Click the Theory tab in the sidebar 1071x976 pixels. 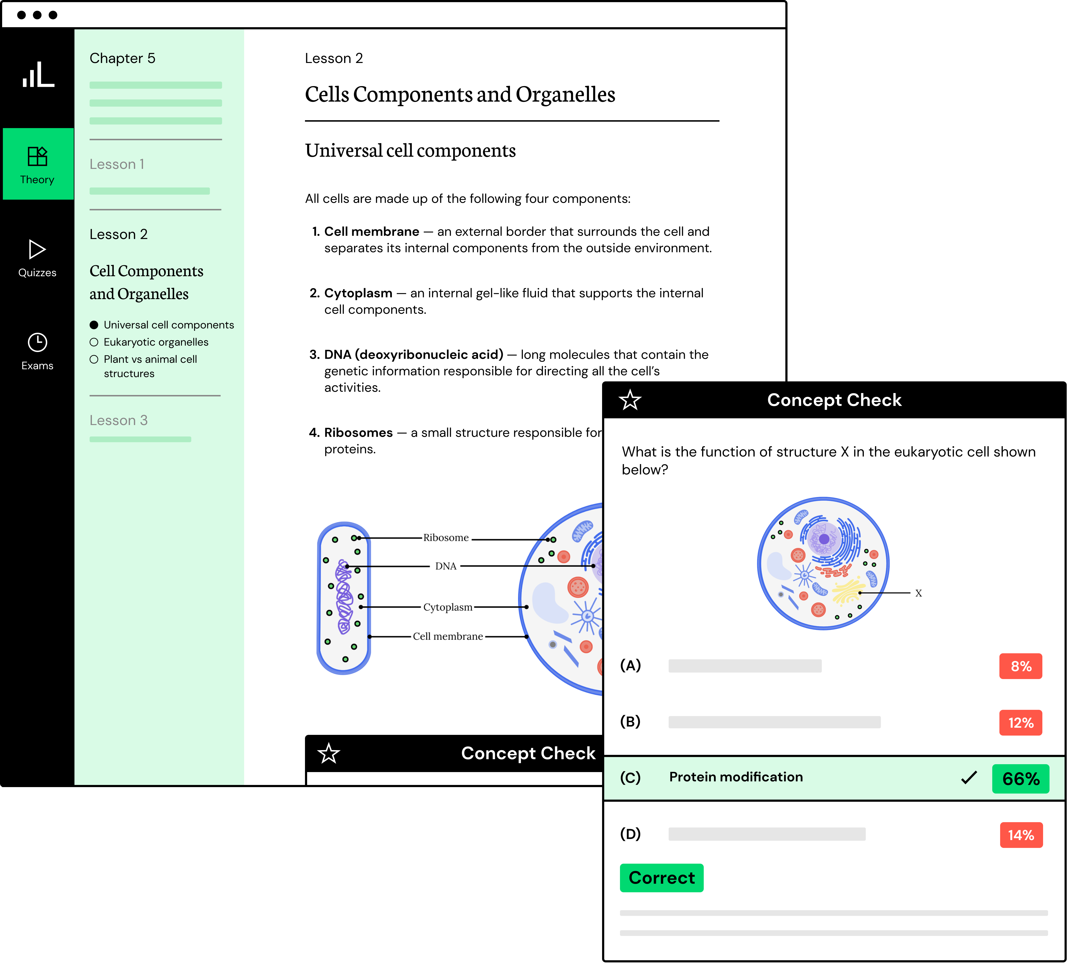click(x=37, y=165)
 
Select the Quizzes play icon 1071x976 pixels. click(x=37, y=249)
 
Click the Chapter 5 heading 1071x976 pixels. click(x=122, y=58)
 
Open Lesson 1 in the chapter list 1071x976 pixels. click(x=117, y=165)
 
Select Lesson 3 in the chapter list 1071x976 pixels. click(x=118, y=421)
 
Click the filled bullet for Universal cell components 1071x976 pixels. click(x=94, y=325)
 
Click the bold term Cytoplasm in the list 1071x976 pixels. click(x=358, y=293)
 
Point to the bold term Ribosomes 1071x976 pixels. click(x=358, y=433)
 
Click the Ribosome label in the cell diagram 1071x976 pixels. click(x=446, y=538)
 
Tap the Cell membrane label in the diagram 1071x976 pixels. click(x=448, y=637)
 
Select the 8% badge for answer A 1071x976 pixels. click(x=1021, y=666)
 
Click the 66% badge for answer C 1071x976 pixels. click(x=1021, y=779)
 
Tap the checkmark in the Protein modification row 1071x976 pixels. click(x=969, y=778)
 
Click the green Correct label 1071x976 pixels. click(x=661, y=878)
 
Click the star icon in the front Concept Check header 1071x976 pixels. click(x=630, y=400)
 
